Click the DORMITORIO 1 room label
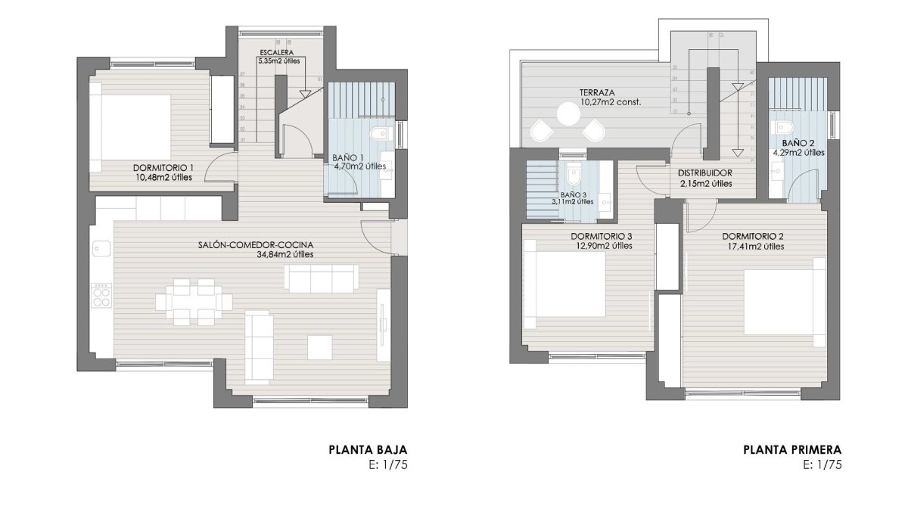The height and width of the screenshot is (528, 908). (x=163, y=167)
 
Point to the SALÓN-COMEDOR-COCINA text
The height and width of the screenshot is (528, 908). (x=256, y=244)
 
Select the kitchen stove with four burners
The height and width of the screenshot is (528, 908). (x=101, y=295)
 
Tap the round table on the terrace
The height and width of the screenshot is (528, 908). (x=568, y=114)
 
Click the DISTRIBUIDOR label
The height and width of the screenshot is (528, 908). (x=704, y=172)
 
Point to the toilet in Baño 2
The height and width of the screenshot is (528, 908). (x=784, y=126)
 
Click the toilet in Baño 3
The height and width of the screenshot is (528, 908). (x=574, y=177)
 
